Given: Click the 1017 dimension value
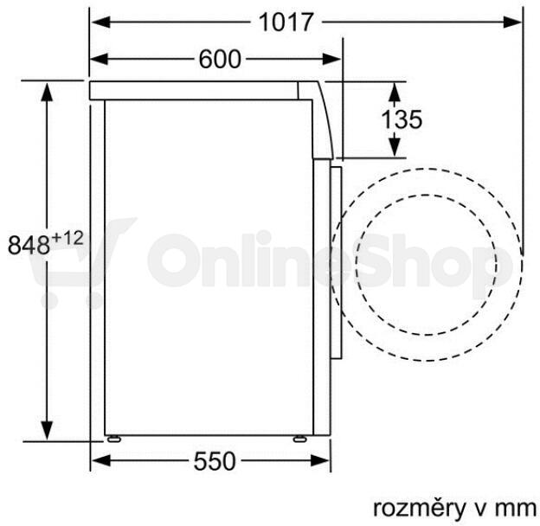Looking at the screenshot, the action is (x=286, y=22).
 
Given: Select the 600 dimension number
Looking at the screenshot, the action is (x=220, y=59).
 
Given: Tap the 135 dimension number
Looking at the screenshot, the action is (x=402, y=119).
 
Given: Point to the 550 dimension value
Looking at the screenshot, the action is (x=215, y=461).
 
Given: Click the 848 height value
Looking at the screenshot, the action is (x=29, y=245).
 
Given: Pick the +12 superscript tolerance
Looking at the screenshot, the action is (x=67, y=238).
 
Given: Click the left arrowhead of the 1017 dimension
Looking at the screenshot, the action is (x=100, y=22).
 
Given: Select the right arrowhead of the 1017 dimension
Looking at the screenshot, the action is (x=511, y=22).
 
